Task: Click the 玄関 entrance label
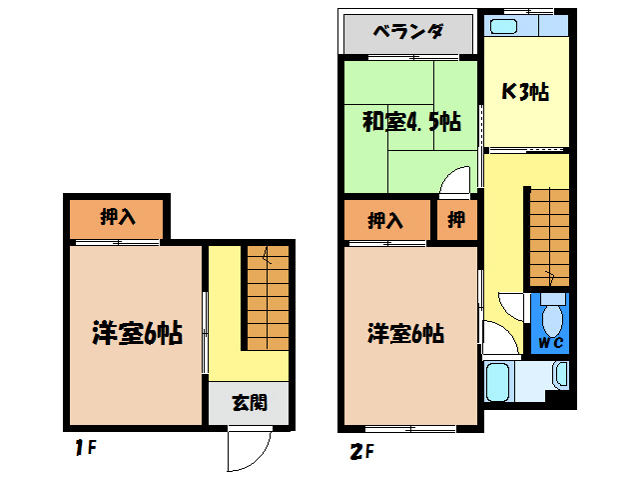pos(250,403)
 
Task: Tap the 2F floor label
pos(360,450)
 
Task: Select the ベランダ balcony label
pos(407,31)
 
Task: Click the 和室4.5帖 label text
pos(410,122)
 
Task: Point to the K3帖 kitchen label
pos(524,92)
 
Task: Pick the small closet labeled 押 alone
pos(456,220)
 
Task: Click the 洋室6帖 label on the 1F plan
pos(137,332)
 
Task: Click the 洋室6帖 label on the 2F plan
pos(405,332)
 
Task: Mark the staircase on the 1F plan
pos(268,296)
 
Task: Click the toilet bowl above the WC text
pos(553,317)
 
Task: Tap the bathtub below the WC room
pos(499,380)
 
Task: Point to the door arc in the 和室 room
pos(455,181)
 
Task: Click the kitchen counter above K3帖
pos(525,24)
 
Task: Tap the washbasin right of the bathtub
pos(559,375)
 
